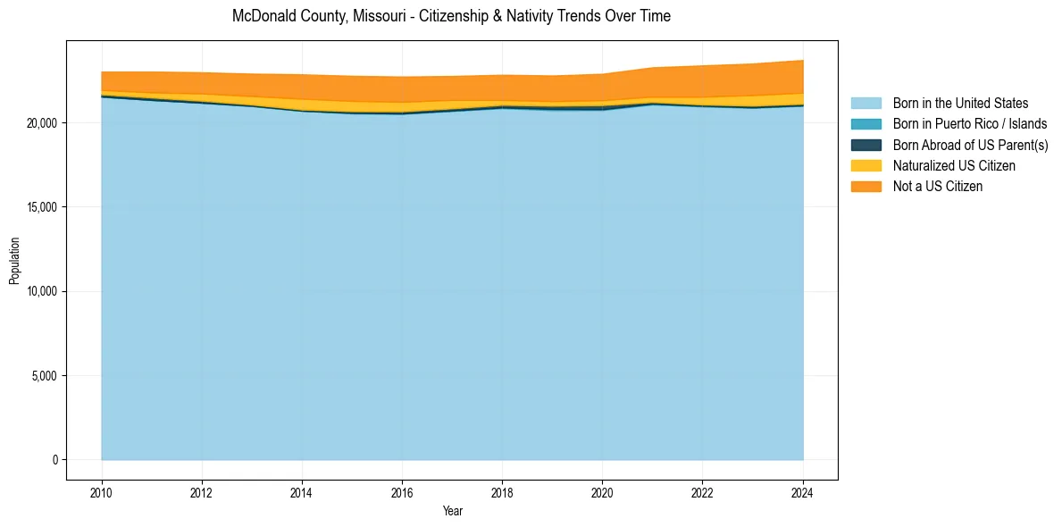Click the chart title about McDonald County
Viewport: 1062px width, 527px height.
[451, 16]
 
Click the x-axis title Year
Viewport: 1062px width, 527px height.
[453, 512]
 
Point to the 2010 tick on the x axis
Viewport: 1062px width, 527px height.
[102, 490]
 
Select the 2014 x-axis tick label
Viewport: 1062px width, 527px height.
[302, 490]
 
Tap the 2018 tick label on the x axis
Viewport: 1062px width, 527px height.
[502, 490]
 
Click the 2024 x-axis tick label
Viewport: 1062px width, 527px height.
[803, 490]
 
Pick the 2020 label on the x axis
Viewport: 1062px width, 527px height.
[603, 490]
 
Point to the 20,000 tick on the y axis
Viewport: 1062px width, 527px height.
[40, 123]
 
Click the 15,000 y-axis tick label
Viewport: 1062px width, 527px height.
[40, 207]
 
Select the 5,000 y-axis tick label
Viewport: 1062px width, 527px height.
[43, 376]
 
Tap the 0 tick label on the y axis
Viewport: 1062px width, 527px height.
[55, 460]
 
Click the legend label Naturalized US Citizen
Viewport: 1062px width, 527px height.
[954, 166]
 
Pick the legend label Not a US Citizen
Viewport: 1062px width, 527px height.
[937, 187]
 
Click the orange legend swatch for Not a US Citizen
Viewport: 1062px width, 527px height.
[865, 187]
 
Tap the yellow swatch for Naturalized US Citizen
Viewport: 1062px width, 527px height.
[865, 166]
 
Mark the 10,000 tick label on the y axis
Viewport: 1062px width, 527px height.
[40, 292]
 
